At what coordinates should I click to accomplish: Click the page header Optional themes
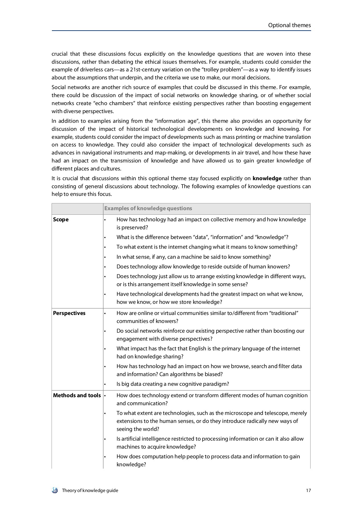pyautogui.click(x=289, y=25)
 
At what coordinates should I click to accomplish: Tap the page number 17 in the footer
pyautogui.click(x=308, y=491)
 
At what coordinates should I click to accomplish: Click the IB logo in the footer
pyautogui.click(x=55, y=491)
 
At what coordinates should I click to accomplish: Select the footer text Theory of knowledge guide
pyautogui.click(x=90, y=491)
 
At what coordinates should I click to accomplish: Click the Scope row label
pyautogui.click(x=61, y=220)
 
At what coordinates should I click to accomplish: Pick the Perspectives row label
pyautogui.click(x=69, y=313)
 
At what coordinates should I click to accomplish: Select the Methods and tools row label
pyautogui.click(x=77, y=395)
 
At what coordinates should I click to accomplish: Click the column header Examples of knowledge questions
pyautogui.click(x=148, y=208)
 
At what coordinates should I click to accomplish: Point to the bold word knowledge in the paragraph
pyautogui.click(x=267, y=178)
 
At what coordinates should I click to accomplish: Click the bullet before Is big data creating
pyautogui.click(x=105, y=384)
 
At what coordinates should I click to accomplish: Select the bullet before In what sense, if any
pyautogui.click(x=105, y=257)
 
